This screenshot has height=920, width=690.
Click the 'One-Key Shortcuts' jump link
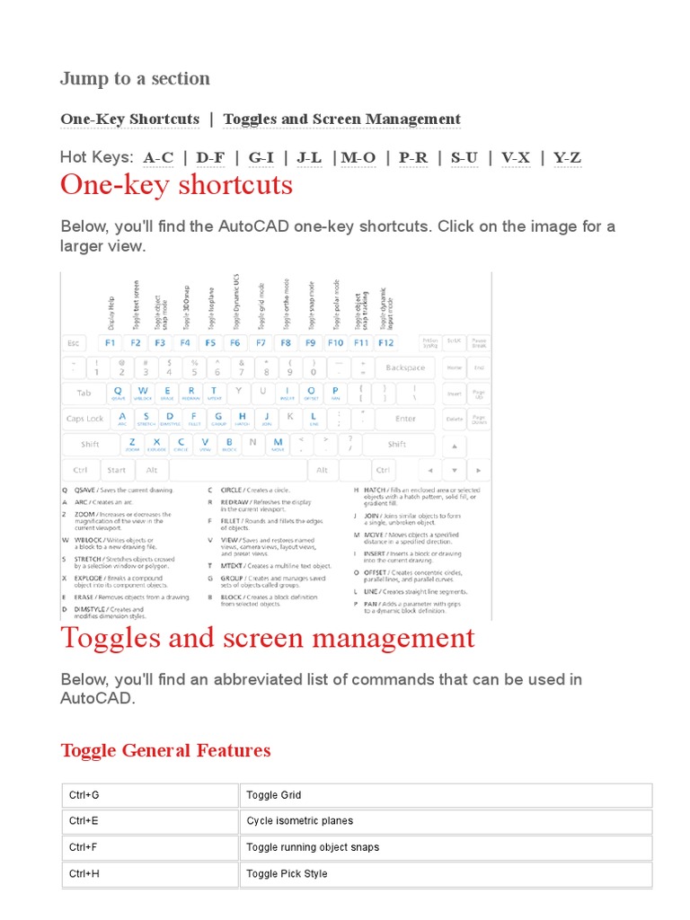[129, 119]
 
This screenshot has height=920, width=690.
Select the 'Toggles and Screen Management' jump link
[341, 119]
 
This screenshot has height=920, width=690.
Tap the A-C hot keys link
[158, 158]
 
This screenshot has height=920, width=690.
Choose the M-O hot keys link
[358, 158]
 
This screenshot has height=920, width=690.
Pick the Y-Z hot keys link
[567, 158]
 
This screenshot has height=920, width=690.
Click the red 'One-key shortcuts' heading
[176, 185]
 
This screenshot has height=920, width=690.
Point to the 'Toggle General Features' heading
[165, 750]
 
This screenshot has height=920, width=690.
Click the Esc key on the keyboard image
[74, 343]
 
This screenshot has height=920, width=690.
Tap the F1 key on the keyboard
[111, 343]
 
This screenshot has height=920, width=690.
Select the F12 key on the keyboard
[385, 343]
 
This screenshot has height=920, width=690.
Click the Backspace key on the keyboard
[404, 367]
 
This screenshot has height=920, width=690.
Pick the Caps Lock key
[84, 419]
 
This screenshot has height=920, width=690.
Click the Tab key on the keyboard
[84, 394]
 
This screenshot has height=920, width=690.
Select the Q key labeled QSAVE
[118, 393]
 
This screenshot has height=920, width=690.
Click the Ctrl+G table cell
[150, 795]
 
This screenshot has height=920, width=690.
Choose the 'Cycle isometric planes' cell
[446, 821]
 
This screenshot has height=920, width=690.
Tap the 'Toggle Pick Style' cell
[446, 873]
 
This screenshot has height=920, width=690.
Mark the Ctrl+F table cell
[150, 847]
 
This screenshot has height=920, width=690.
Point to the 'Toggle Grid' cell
[446, 795]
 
